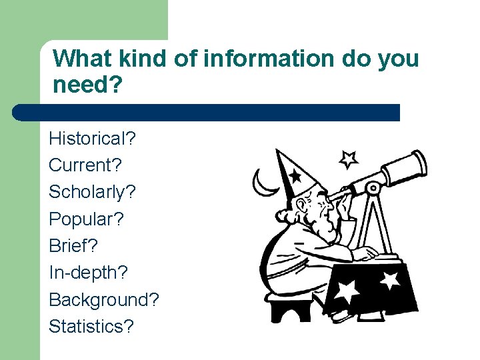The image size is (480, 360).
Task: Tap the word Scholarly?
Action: tap(92, 192)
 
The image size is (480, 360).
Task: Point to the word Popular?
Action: tap(87, 219)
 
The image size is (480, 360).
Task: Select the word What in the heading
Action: tap(82, 59)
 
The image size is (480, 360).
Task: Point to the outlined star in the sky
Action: tap(348, 159)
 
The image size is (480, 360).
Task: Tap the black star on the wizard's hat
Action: tap(295, 175)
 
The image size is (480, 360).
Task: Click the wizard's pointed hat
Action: tap(297, 173)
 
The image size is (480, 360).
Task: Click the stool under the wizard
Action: tap(290, 308)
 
